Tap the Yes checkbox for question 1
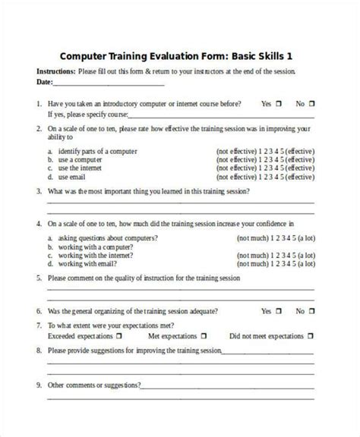[x=279, y=103]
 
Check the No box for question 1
[x=313, y=103]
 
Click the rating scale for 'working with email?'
[x=272, y=265]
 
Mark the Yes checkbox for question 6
[x=279, y=311]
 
